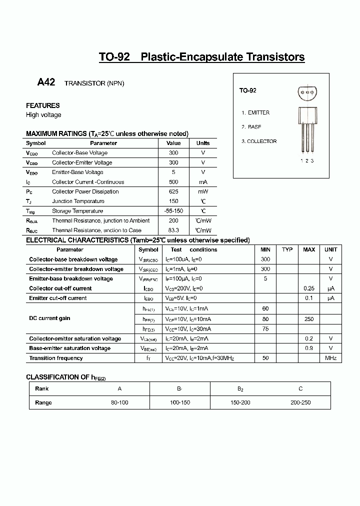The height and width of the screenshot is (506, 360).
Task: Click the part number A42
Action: point(46,82)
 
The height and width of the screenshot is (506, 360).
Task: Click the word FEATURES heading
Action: point(43,105)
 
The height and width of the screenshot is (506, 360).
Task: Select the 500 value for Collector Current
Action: point(173,182)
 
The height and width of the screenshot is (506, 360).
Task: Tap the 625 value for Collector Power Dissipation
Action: point(173,191)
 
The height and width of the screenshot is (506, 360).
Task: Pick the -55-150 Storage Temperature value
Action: point(173,211)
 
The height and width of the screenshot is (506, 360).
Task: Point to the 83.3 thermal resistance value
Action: point(173,230)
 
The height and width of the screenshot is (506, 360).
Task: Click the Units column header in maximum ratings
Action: point(203,143)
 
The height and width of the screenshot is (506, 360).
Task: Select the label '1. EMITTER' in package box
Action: point(255,113)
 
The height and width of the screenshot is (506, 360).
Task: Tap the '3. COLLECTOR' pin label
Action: point(259,141)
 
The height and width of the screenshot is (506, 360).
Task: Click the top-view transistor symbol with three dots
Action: point(307,91)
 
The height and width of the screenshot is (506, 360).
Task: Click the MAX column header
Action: point(309,249)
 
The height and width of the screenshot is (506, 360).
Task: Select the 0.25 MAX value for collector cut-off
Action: point(309,288)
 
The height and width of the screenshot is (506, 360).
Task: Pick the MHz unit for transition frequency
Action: point(330,358)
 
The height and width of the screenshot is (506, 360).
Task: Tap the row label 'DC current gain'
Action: point(49,318)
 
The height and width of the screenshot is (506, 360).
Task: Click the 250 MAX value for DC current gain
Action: point(309,319)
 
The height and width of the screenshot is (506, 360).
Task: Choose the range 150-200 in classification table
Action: point(240,402)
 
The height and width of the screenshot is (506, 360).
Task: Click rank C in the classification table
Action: point(300,388)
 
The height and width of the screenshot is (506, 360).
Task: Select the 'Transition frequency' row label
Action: point(56,358)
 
